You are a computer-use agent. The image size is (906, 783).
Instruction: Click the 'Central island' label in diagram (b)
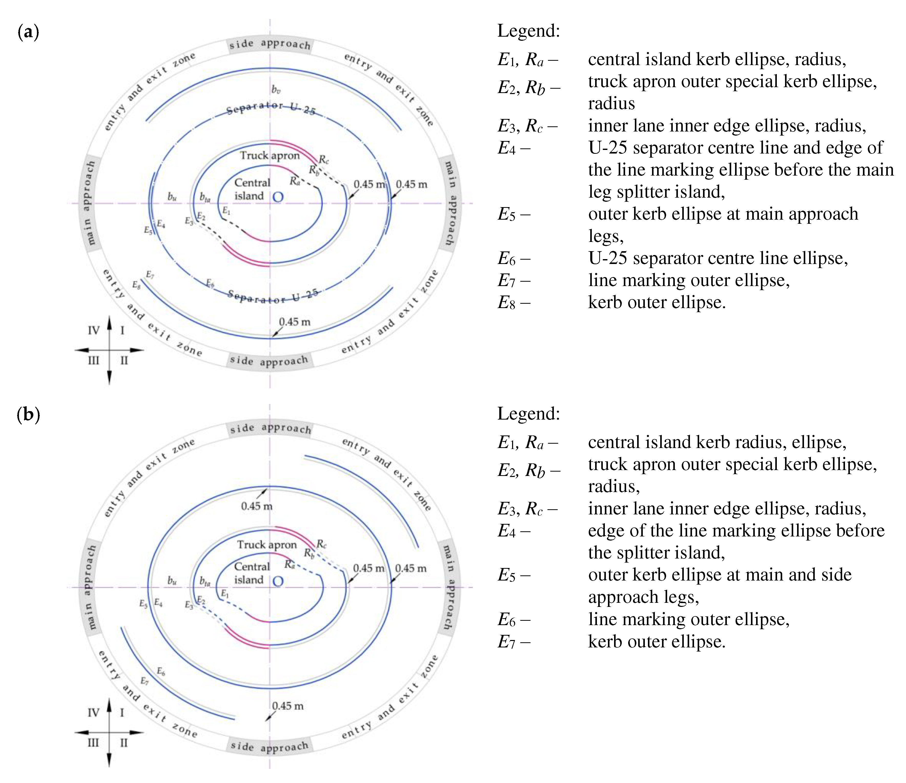(252, 573)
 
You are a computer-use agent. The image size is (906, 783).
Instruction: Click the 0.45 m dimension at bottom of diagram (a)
(295, 322)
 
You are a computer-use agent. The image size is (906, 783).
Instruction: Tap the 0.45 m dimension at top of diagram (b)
(257, 506)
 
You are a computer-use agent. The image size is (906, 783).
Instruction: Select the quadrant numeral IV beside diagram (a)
(94, 331)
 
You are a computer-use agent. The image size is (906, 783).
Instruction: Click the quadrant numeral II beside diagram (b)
(124, 743)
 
